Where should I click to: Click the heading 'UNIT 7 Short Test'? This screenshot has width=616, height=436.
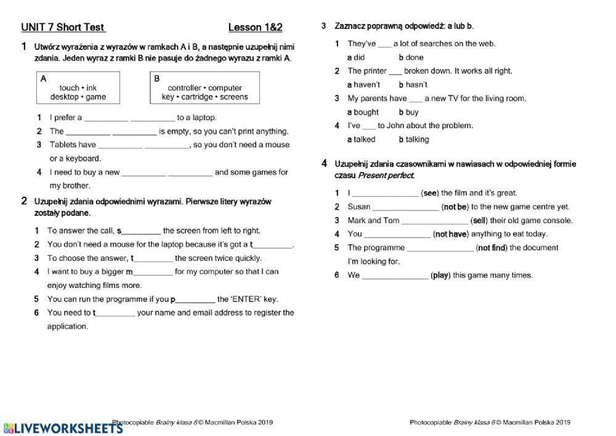pos(63,27)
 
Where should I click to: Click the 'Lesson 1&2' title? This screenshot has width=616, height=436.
pos(255,27)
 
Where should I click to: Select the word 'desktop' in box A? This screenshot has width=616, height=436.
pos(64,97)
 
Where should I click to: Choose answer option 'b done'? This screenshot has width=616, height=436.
pos(411,57)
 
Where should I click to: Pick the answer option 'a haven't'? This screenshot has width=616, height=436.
pos(363,84)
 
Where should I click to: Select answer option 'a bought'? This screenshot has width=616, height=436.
pos(363,112)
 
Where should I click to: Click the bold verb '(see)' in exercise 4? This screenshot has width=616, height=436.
pos(430,193)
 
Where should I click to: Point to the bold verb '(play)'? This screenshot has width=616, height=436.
pos(440,275)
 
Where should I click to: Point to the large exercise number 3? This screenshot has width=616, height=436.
pos(324,26)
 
